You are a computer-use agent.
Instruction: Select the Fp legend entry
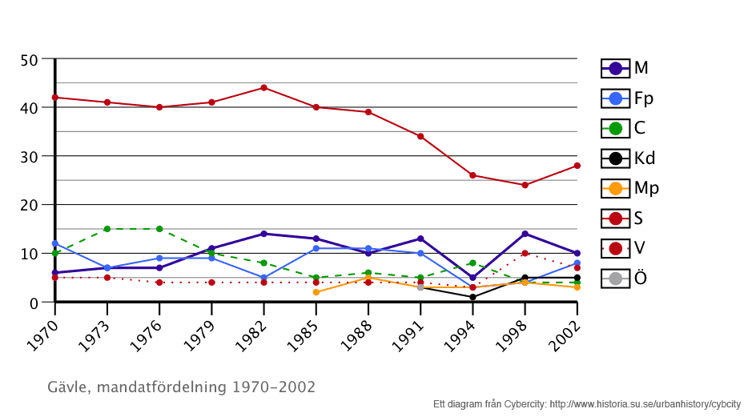[x=627, y=98]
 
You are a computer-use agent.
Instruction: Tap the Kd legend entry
[x=628, y=158]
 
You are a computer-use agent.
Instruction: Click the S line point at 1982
[x=263, y=88]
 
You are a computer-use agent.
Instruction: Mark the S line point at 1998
[x=525, y=185]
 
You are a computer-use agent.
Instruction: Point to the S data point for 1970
[x=55, y=98]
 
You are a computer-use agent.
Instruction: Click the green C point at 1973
[x=107, y=229]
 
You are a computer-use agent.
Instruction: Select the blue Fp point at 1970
[x=55, y=243]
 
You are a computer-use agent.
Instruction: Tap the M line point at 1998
[x=525, y=234]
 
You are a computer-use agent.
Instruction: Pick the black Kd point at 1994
[x=473, y=297]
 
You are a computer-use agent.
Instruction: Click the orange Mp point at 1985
[x=316, y=292]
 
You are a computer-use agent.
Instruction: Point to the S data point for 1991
[x=420, y=136]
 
